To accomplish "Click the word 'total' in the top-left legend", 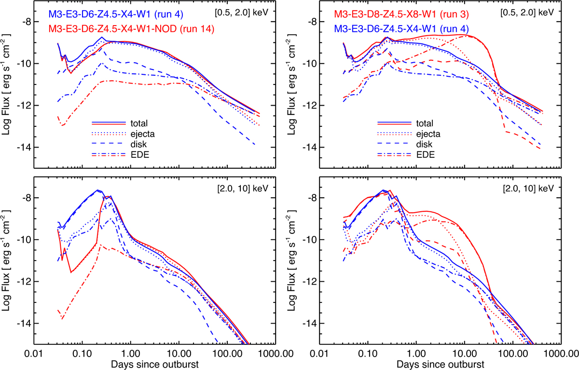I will (x=139, y=123).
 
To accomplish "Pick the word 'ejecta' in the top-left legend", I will (x=141, y=133).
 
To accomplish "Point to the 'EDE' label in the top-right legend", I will (x=425, y=154).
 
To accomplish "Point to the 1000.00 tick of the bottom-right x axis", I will (x=560, y=353).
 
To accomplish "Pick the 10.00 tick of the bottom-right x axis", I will (x=464, y=353).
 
